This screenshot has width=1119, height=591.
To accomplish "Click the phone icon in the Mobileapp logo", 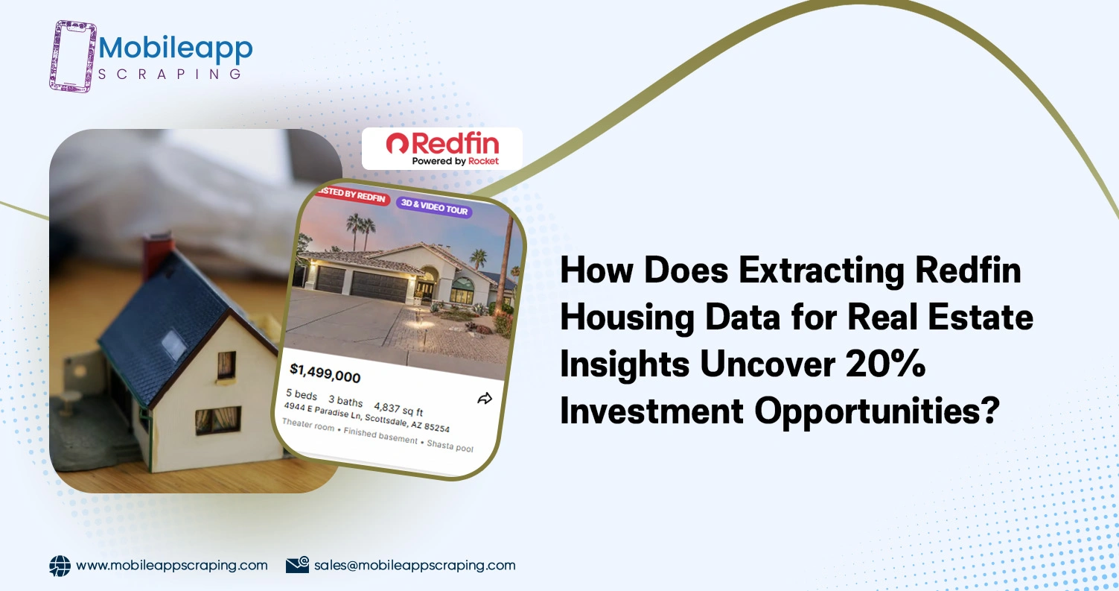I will [x=73, y=57].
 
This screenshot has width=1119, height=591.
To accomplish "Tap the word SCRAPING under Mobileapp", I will [x=170, y=74].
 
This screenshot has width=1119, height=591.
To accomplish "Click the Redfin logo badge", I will [x=442, y=149].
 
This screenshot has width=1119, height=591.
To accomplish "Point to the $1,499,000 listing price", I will [x=325, y=373].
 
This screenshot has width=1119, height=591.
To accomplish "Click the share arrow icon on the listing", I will [x=485, y=399].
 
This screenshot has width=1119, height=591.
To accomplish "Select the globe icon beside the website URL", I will [x=60, y=566].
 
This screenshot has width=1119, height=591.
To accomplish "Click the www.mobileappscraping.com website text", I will [x=172, y=566].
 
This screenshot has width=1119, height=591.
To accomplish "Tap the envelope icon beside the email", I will [x=297, y=566].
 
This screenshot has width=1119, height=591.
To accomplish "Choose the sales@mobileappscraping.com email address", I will [x=415, y=566].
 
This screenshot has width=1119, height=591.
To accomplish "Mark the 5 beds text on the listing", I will [x=302, y=394].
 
